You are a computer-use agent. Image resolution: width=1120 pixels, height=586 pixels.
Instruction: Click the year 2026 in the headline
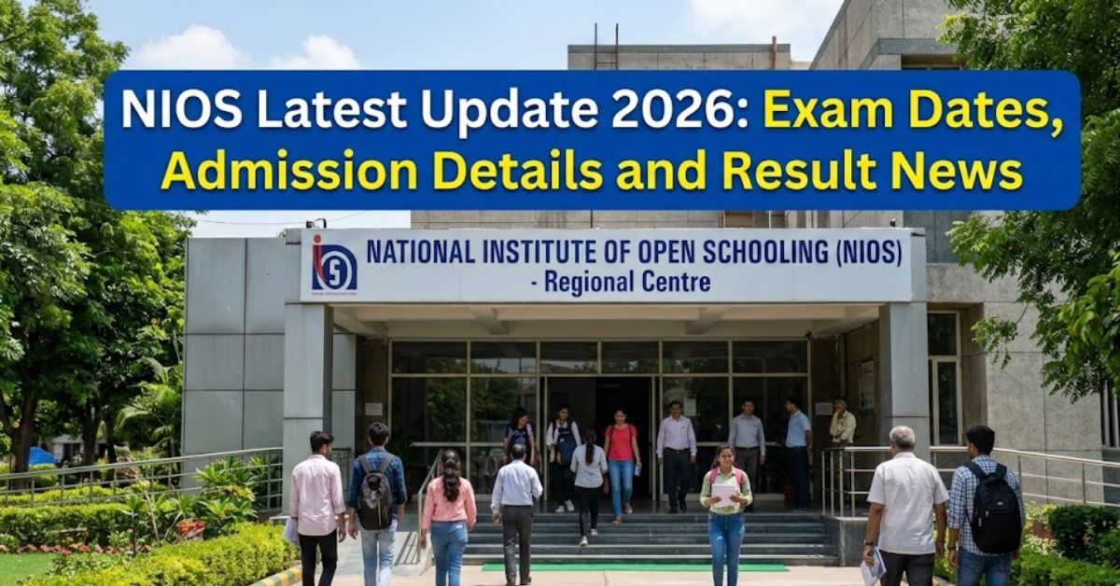point(676,110)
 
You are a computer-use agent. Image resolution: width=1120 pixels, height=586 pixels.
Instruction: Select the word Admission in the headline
point(289,172)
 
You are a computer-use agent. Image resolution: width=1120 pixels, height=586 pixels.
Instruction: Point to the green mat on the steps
point(635,566)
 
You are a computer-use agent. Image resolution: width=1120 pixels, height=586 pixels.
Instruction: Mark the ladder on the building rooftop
point(605,47)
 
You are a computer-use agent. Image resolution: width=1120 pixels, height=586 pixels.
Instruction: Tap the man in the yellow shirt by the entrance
point(843,426)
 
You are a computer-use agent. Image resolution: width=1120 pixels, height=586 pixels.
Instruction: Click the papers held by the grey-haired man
point(874,566)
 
